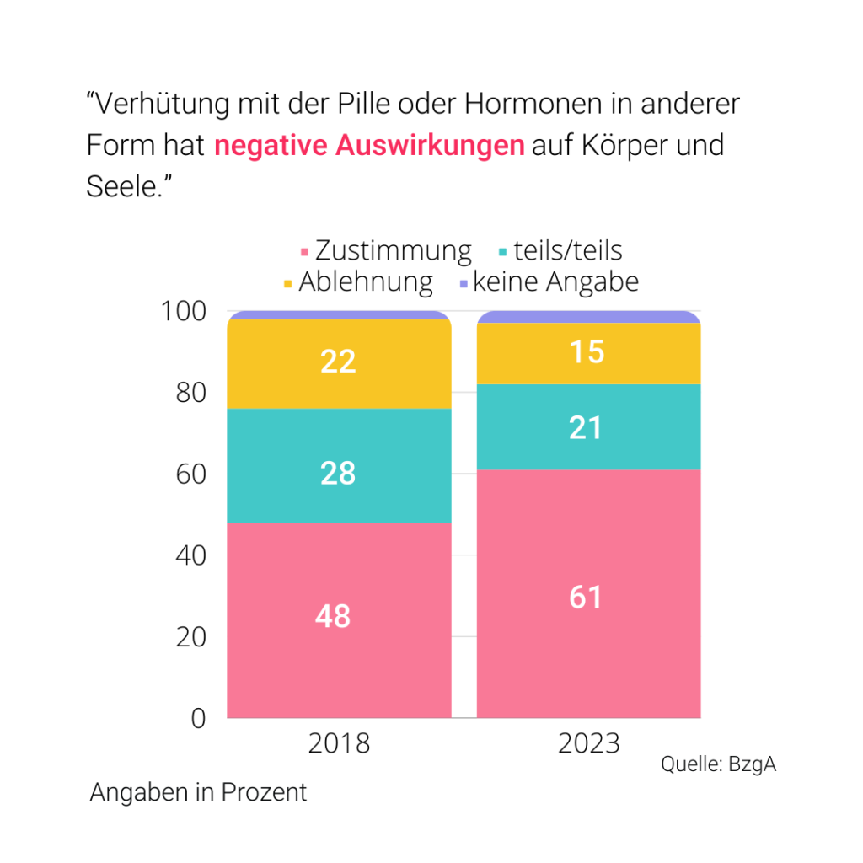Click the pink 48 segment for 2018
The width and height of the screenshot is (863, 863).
point(339,619)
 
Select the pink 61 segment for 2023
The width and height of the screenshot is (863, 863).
point(588,594)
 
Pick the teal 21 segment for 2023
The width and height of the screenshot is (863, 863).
point(588,426)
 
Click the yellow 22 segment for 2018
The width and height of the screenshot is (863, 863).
point(339,363)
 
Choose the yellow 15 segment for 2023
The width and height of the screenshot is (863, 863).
point(588,353)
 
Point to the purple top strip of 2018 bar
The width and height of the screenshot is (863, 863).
point(339,315)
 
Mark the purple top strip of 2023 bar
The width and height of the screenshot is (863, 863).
point(588,317)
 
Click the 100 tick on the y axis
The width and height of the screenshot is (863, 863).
point(183,311)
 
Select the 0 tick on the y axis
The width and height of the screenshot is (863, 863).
point(199,718)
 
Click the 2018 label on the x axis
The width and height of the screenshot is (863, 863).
point(339,743)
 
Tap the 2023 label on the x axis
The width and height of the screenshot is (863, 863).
point(588,743)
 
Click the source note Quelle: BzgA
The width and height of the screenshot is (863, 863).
point(717,764)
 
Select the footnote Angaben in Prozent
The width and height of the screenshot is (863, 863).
point(198,793)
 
